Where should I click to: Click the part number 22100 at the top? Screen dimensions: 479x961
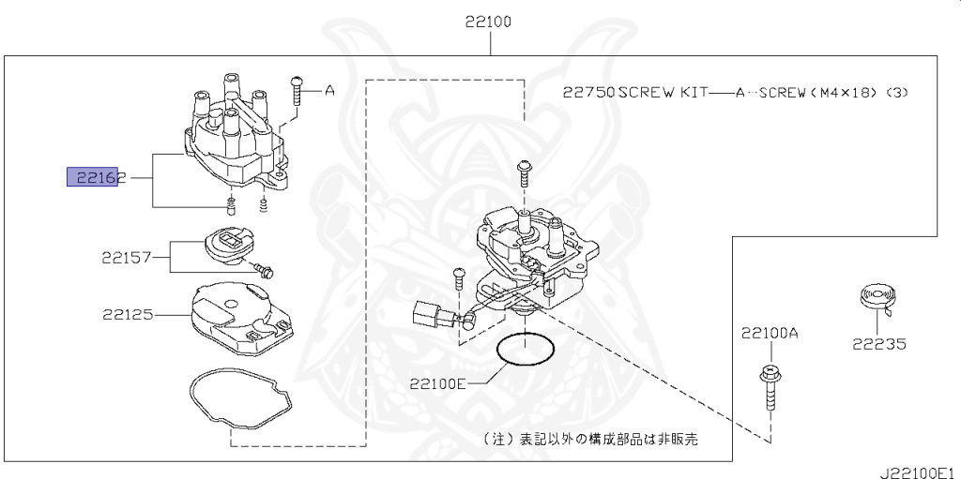487,22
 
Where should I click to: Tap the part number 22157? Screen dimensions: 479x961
128,254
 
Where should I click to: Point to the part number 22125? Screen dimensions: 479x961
128,315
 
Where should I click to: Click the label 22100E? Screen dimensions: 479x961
437,382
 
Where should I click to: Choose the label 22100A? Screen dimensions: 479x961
769,333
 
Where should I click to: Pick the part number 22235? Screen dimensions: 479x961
878,344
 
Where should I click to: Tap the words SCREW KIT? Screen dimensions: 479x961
660,93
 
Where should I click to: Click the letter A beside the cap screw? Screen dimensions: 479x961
329,91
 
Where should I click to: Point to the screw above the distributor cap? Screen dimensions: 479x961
297,89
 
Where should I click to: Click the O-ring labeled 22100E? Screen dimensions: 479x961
524,351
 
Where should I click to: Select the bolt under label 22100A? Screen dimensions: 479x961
768,386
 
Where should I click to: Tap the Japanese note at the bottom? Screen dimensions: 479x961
590,438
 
